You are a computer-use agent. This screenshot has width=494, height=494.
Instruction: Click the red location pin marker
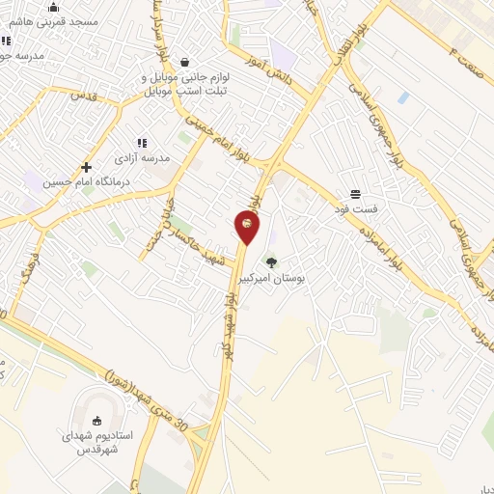[x=247, y=226]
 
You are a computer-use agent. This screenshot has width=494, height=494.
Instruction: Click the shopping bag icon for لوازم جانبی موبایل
[x=184, y=62]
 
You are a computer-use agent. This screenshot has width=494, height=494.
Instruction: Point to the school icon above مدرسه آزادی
[x=142, y=143]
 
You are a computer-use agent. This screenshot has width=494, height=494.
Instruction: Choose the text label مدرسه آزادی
[x=142, y=156]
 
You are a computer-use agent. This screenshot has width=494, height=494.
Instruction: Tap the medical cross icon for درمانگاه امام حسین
[x=87, y=167]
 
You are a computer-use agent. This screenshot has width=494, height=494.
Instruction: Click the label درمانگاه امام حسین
[x=85, y=181]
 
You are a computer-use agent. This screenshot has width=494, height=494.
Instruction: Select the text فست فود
[x=355, y=209]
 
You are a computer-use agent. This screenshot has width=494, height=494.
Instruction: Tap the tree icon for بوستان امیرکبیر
[x=270, y=262]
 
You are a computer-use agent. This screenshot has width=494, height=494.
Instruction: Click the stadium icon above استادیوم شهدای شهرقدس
[x=96, y=420]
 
